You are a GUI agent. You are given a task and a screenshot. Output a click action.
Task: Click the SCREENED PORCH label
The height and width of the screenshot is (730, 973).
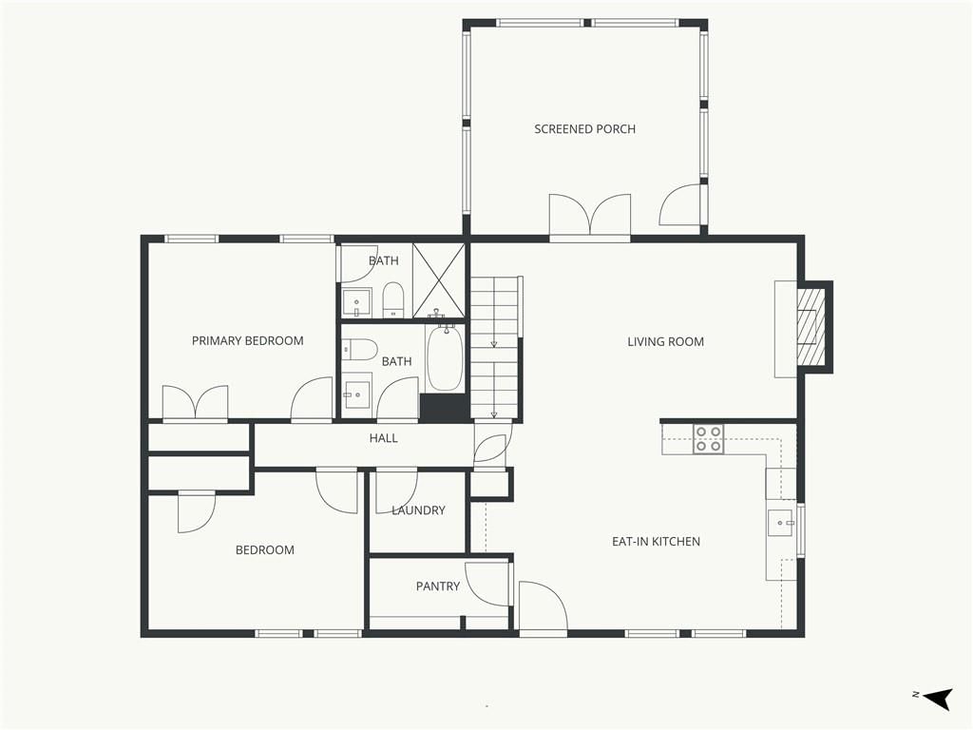coord(584,129)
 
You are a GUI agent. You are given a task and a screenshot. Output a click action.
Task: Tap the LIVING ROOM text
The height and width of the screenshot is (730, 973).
coord(665,341)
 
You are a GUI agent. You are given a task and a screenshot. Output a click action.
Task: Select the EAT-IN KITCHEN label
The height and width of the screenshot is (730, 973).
coord(656,541)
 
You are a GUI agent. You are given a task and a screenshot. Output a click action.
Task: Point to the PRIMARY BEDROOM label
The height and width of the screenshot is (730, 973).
coord(248,341)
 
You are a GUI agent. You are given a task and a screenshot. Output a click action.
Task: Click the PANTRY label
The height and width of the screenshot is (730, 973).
coord(438,586)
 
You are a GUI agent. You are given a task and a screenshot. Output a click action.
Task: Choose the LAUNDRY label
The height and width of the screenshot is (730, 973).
coord(418,510)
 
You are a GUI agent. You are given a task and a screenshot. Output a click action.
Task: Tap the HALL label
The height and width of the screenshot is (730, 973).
coord(384,438)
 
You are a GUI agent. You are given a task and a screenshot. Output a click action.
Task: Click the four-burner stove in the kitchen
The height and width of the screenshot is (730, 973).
coord(708,439)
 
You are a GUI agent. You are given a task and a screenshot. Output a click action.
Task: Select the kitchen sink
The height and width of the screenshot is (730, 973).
coord(781,523)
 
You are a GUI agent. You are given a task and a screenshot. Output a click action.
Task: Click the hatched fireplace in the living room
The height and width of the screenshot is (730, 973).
coord(811,327)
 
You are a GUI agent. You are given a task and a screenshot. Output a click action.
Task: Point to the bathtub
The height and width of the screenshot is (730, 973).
coord(445,357)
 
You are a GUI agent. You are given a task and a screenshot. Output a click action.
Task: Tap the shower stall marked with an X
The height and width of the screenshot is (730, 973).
coord(439,280)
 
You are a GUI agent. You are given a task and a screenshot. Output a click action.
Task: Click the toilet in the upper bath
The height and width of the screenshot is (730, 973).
coord(392,299)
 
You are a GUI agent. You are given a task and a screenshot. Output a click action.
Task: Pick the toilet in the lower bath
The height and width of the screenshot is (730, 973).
coord(360,350)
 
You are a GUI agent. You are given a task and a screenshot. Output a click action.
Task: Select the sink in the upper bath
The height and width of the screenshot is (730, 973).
coord(357,303)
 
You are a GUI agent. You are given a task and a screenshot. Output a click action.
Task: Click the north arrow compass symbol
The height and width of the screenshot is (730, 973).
coord(937,699)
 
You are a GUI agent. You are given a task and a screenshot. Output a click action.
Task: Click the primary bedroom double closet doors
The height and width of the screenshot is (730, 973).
coord(195,403)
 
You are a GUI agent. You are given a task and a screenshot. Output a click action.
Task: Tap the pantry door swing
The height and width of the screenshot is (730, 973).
coord(487,585)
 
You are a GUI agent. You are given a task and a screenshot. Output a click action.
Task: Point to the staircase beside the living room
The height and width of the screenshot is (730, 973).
coord(494,348)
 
